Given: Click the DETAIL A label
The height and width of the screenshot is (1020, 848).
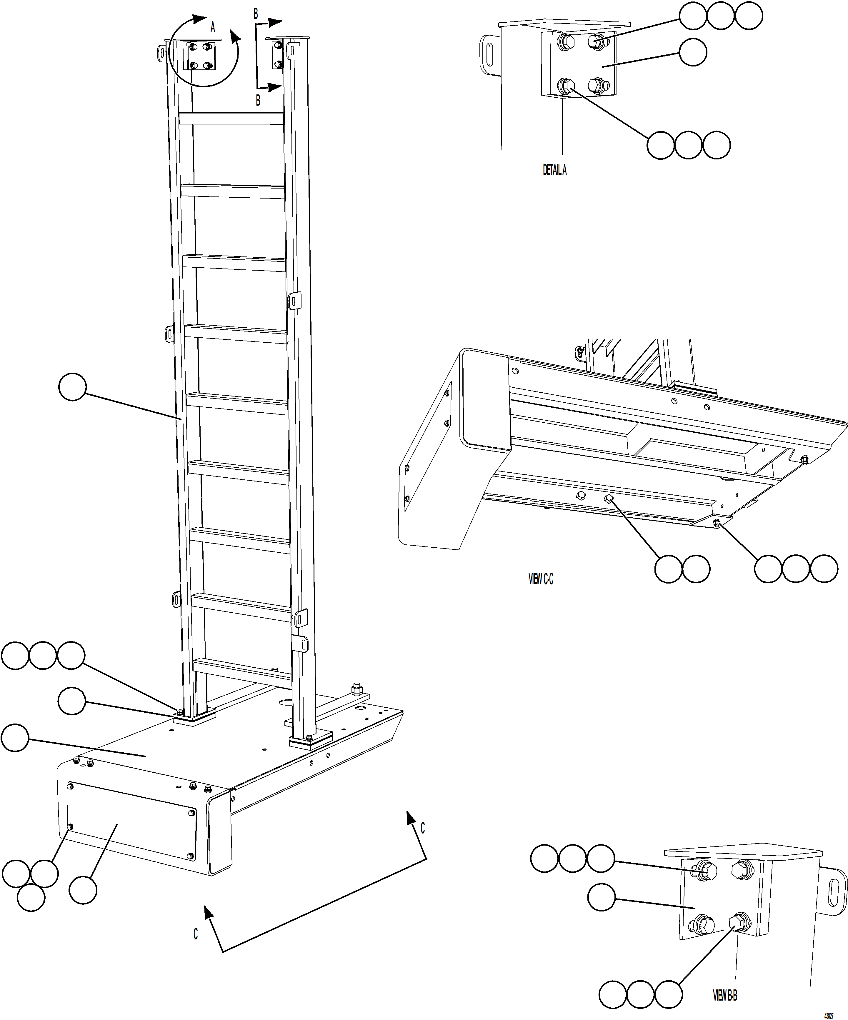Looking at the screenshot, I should point(554,170).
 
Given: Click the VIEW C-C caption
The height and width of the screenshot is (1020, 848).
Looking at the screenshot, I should point(541,579).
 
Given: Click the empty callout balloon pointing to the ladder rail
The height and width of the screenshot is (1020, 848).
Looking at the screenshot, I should point(72,387).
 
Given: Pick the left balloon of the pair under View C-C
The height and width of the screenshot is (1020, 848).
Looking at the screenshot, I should point(668,568).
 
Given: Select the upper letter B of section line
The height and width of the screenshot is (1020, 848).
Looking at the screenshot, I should point(256,14).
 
